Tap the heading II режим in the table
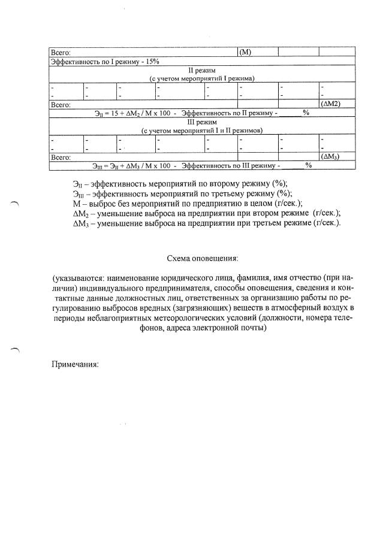click(x=201, y=69)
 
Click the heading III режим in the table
click(x=201, y=122)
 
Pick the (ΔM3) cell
click(x=331, y=156)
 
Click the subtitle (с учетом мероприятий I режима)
click(x=201, y=78)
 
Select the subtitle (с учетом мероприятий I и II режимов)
click(x=201, y=130)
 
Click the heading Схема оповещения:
click(x=202, y=259)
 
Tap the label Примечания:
click(x=75, y=365)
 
